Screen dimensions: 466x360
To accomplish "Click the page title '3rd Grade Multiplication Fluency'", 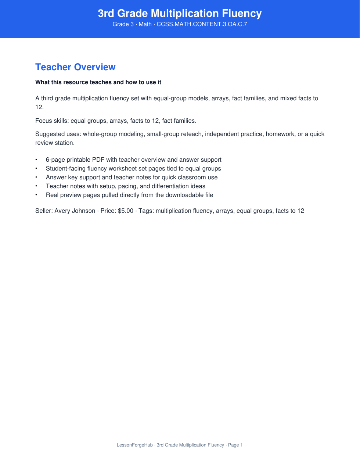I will point(180,14).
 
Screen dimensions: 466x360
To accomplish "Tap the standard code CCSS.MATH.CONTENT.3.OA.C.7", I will point(202,24).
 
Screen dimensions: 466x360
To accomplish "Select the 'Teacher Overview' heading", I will point(75,67).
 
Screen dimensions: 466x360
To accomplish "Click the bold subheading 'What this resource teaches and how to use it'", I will point(98,82).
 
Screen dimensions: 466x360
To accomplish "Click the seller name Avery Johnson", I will point(75,211).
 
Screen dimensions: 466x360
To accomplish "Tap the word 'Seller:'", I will point(44,211).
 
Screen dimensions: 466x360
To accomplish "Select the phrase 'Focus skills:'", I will point(52,121).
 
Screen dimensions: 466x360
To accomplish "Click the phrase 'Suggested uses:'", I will point(58,134).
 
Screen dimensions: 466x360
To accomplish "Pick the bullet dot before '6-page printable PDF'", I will point(36,160).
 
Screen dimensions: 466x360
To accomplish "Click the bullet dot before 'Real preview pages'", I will point(36,195).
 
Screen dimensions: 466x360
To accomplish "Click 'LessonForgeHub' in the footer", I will point(134,445).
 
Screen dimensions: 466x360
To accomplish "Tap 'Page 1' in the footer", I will point(235,445).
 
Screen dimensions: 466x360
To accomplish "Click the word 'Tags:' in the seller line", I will point(146,211).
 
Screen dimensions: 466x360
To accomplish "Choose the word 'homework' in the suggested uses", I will point(280,134).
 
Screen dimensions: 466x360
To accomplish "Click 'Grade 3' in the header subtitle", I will point(123,24).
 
